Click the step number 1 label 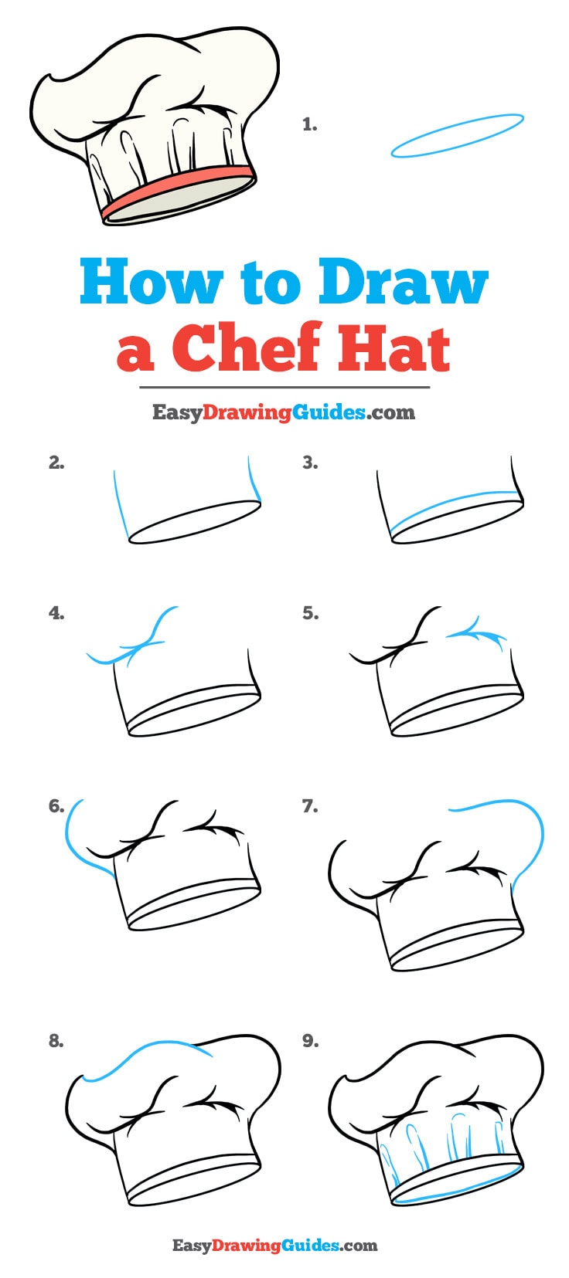coord(309,124)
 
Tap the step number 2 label coord(56,463)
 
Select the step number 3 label coord(310,463)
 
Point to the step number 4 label coord(56,613)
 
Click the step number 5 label coord(310,613)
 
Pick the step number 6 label coord(56,806)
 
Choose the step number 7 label coord(310,806)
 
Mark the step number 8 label coord(56,1041)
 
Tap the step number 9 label coord(310,1041)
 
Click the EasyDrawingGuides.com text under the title coord(284,412)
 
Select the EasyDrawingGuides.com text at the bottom coord(274,1245)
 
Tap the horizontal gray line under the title coord(284,387)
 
